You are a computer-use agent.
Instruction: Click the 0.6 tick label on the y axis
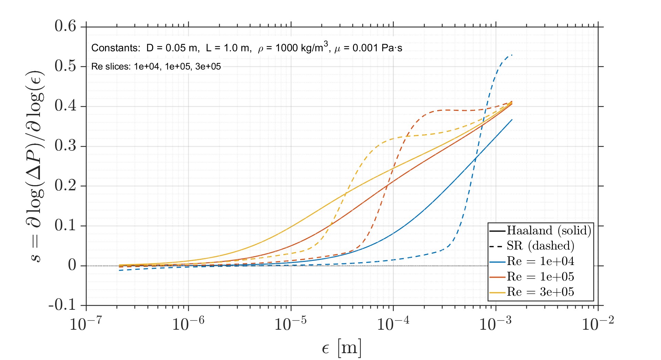point(65,26)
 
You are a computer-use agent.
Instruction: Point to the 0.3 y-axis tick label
point(65,146)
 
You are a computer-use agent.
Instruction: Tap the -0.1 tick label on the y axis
point(62,305)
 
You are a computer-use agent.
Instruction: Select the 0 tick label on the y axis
point(72,265)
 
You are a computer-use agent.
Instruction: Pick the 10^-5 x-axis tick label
point(290,324)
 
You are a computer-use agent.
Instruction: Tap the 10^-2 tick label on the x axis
point(598,324)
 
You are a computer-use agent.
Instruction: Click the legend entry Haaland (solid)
point(549,230)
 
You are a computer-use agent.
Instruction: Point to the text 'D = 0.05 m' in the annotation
point(172,48)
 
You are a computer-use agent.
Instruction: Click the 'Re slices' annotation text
point(156,66)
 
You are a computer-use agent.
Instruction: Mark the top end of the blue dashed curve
point(512,55)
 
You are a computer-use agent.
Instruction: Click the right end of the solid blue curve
point(512,120)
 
